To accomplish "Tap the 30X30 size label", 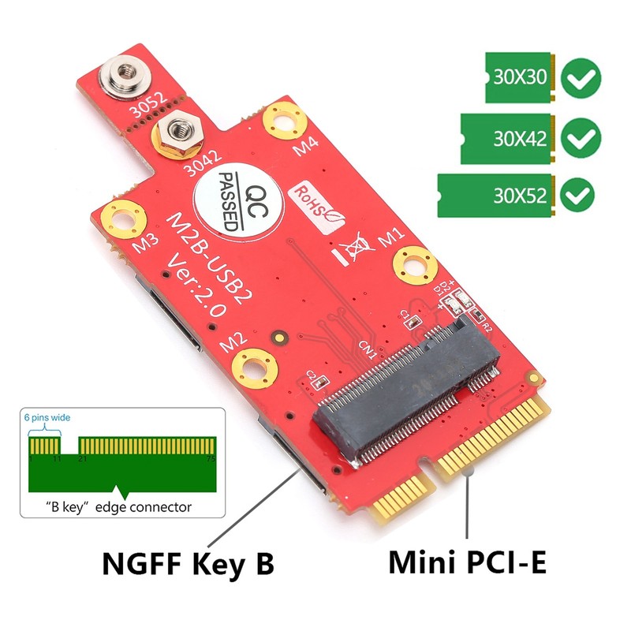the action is pyautogui.click(x=520, y=78).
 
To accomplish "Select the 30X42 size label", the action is pyautogui.click(x=520, y=140).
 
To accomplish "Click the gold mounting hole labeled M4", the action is pyautogui.click(x=281, y=119).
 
